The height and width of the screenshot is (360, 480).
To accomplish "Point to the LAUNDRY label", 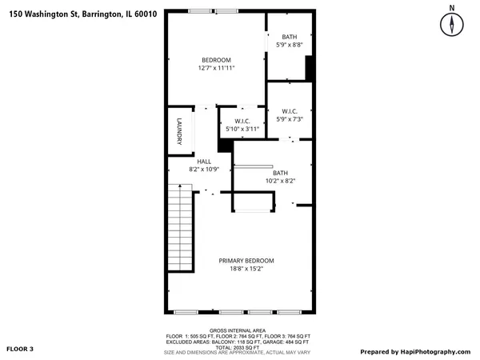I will coord(180,132).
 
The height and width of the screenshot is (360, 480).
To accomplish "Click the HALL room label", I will coord(204,161).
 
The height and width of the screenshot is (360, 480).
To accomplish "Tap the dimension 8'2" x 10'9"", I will coord(204,170).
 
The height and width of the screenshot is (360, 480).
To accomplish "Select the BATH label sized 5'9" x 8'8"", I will coord(289,37).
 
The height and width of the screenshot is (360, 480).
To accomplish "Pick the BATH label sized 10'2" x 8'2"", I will coord(280,173).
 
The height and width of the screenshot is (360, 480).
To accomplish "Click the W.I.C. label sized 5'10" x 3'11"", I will coord(242,121).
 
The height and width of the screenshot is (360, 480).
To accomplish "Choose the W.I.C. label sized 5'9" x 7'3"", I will coord(290,111).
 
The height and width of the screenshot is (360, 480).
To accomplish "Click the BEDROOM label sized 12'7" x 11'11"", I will coord(216,60).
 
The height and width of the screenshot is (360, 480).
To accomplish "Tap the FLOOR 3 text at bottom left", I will coord(21,350).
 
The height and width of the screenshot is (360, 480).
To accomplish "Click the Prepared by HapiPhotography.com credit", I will coord(414,351).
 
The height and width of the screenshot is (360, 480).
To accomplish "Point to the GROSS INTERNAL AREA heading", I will coord(238,330).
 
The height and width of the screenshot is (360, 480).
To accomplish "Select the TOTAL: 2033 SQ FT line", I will coord(238,347).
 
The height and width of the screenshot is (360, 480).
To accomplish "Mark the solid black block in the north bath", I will coord(311,69).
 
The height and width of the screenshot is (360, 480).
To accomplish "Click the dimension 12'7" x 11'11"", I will coord(216,69).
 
